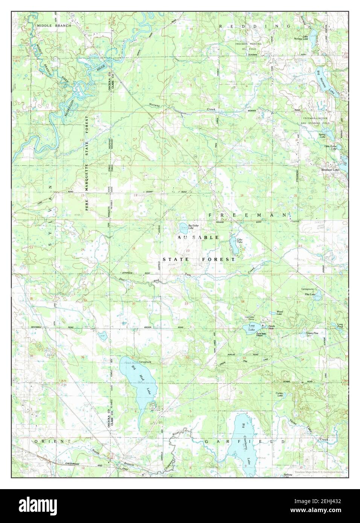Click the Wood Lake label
(279, 313)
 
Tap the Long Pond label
(340, 326)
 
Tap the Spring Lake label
(322, 135)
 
